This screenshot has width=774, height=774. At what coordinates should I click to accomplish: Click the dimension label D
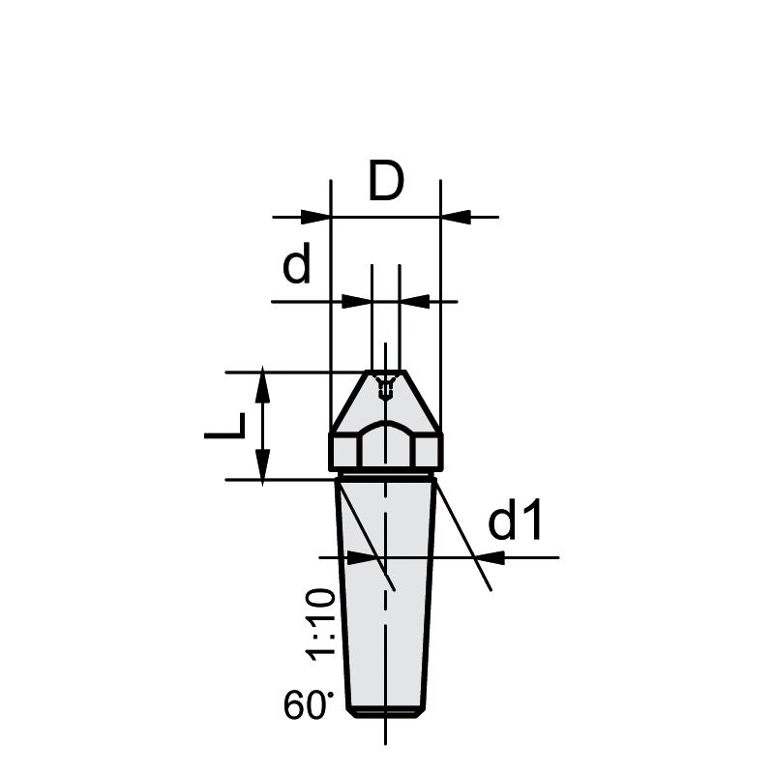pyautogui.click(x=386, y=181)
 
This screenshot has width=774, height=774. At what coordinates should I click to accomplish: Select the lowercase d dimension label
pyautogui.click(x=297, y=262)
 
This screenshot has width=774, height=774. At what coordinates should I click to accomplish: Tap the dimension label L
pyautogui.click(x=225, y=426)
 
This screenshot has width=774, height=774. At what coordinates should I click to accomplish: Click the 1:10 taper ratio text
pyautogui.click(x=321, y=625)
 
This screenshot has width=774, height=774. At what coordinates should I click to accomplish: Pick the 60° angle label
pyautogui.click(x=308, y=704)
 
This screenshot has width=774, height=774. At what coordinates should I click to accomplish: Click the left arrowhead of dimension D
pyautogui.click(x=315, y=217)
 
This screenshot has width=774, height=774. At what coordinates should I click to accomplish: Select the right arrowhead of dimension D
pyautogui.click(x=456, y=217)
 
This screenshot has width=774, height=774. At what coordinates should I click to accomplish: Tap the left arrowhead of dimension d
pyautogui.click(x=357, y=301)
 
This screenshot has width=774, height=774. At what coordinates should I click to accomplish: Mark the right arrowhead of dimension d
pyautogui.click(x=415, y=301)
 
